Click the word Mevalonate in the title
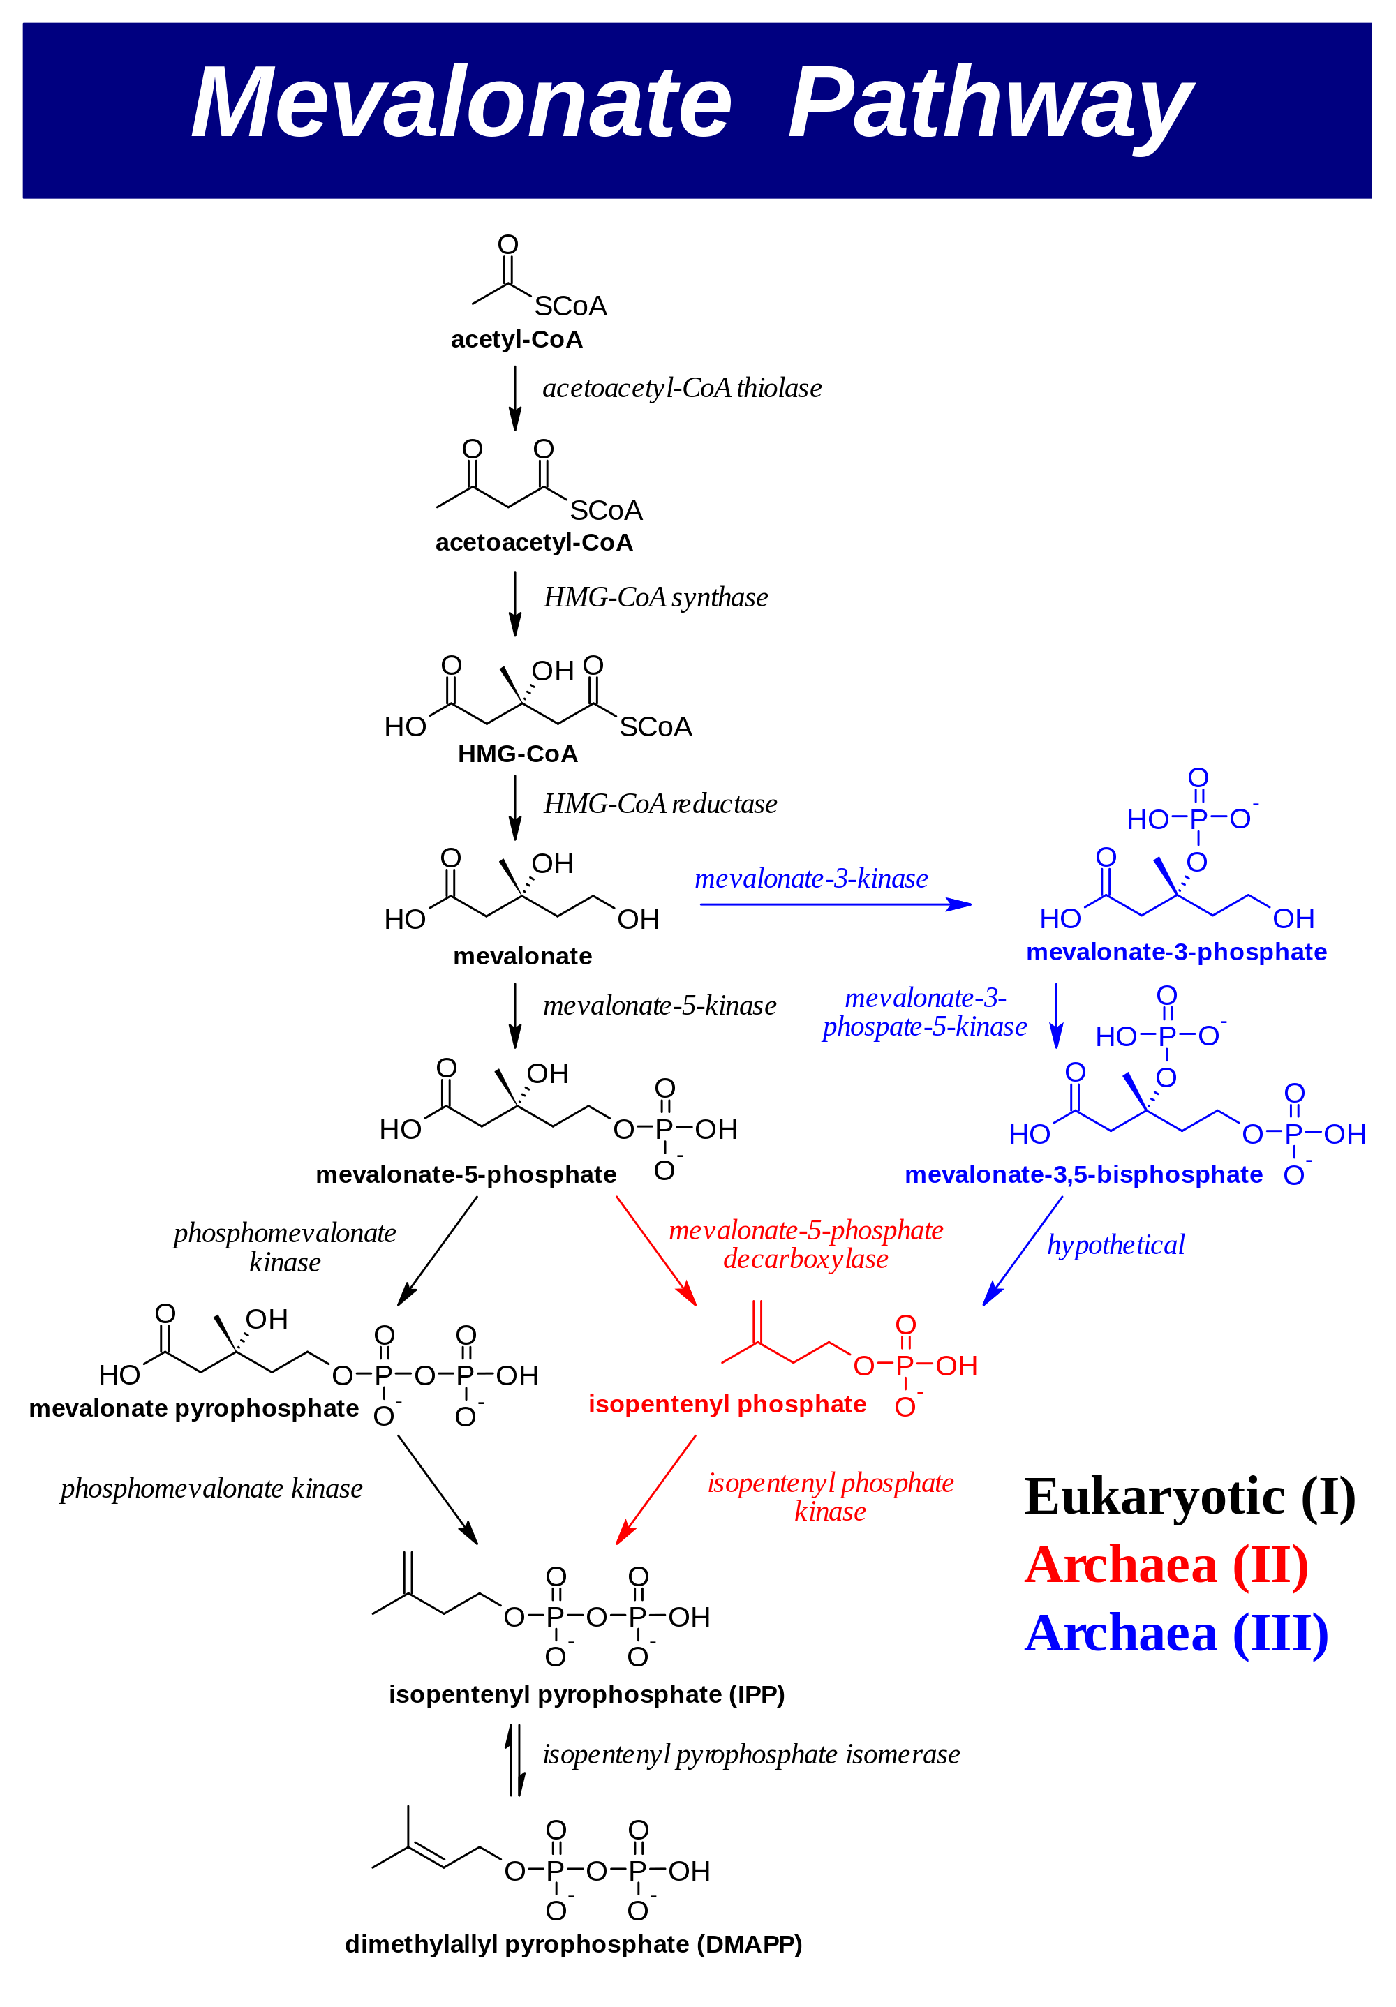click(x=461, y=103)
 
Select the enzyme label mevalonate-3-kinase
click(x=811, y=879)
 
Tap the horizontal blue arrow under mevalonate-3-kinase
click(x=835, y=904)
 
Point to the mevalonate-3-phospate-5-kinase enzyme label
click(x=925, y=1013)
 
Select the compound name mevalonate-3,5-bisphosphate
click(x=1083, y=1175)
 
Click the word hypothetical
click(x=1115, y=1245)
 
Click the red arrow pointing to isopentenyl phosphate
click(x=655, y=1251)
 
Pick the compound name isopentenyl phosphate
click(x=727, y=1404)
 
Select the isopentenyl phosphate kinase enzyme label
click(x=831, y=1496)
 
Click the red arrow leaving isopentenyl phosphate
click(x=655, y=1489)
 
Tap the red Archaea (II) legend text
click(x=1166, y=1565)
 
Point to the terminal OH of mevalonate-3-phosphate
click(x=1293, y=918)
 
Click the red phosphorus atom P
click(x=905, y=1366)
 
